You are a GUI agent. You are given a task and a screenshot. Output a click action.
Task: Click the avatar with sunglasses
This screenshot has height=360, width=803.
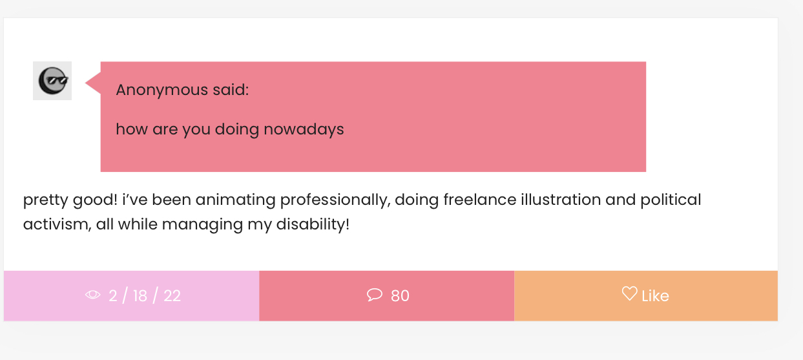[52, 81]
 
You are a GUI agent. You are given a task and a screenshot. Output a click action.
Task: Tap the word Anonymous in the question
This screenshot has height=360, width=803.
[162, 90]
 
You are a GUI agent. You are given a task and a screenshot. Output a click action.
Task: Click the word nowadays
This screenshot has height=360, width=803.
[304, 129]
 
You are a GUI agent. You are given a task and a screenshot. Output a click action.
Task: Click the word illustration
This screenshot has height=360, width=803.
[561, 199]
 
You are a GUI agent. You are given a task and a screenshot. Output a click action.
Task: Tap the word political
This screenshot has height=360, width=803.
[671, 200]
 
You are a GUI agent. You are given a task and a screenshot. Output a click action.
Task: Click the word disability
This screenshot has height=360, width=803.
[313, 225]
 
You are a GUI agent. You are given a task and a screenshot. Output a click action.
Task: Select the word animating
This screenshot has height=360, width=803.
[236, 200]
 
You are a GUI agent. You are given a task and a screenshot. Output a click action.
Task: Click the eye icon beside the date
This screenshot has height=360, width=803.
[93, 295]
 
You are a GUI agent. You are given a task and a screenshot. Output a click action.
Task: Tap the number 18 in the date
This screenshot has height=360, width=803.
[140, 296]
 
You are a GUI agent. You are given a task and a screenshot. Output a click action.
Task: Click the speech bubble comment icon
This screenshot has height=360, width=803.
[375, 295]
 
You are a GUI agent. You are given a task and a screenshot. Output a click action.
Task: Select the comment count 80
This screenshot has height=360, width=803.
[400, 296]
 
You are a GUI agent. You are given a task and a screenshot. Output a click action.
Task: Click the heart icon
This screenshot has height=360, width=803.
[629, 293]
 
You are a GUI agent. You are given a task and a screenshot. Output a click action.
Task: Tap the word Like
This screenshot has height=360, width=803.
[655, 296]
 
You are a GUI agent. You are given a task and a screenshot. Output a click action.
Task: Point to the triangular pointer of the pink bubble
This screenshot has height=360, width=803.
[93, 83]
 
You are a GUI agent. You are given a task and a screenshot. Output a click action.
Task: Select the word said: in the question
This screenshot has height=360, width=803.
[231, 90]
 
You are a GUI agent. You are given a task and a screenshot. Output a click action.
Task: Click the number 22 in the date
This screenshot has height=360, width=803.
[172, 296]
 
